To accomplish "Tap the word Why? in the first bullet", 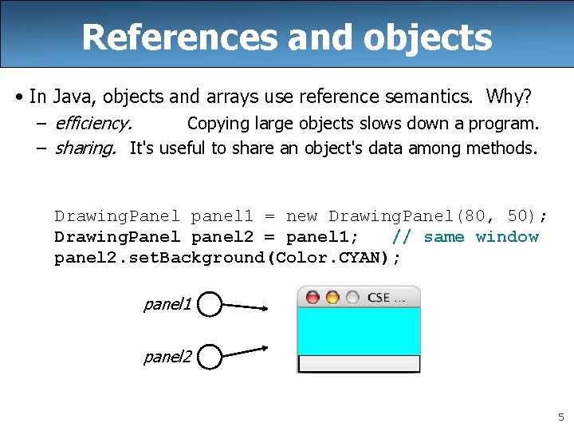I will click(x=509, y=97).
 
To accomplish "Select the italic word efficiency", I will click(x=93, y=124).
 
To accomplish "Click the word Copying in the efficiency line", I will click(x=214, y=124).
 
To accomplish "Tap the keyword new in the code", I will click(x=301, y=216).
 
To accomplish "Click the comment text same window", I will click(x=481, y=237).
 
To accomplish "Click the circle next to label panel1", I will click(x=209, y=304).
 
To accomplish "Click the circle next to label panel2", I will click(x=209, y=357).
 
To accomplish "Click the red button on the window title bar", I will click(x=313, y=298).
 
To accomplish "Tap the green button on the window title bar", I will click(x=351, y=298).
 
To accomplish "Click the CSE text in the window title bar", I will click(x=378, y=298).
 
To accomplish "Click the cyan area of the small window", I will click(x=358, y=331).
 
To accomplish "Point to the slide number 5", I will click(x=560, y=417).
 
